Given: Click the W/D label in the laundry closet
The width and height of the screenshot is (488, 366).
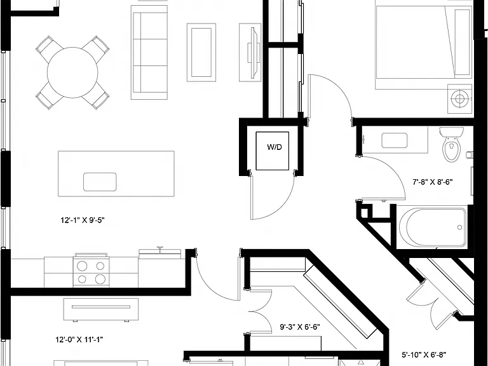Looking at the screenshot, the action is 274,147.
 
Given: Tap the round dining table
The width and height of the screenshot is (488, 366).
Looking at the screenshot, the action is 72,72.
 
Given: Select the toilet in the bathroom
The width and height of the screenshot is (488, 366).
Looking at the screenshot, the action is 452,144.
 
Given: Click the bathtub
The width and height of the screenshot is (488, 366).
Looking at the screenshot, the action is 433,227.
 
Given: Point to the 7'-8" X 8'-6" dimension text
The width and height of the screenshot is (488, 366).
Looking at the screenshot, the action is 432,182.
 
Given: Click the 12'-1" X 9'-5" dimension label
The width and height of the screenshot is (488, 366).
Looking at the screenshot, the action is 83,220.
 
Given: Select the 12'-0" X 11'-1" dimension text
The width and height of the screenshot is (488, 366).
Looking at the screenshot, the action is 79,339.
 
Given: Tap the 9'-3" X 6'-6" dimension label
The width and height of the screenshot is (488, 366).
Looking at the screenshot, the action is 300,327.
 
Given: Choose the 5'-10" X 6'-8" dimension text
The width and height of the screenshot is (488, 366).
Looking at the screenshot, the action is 424,355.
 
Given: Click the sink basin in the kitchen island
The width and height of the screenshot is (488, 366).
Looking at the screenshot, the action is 100,182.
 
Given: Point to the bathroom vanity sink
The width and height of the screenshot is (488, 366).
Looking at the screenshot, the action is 395,140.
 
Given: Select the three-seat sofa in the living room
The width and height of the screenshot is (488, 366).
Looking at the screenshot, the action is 149,52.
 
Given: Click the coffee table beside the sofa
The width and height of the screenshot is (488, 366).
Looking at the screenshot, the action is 201,52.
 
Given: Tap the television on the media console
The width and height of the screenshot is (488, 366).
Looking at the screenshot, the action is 254,52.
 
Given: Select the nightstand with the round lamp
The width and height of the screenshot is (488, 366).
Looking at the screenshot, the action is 460,98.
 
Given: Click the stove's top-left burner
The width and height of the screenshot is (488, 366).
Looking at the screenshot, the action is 82,266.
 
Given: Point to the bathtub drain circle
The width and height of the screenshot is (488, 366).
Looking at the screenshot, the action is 459,227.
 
